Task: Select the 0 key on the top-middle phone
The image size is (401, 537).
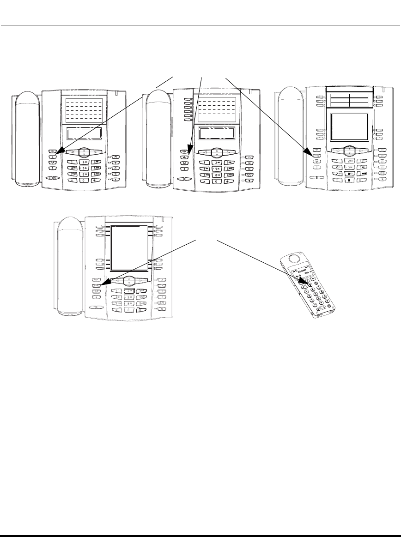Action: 216,181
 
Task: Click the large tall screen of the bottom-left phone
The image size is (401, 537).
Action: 130,247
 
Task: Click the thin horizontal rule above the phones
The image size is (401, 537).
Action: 200,26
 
